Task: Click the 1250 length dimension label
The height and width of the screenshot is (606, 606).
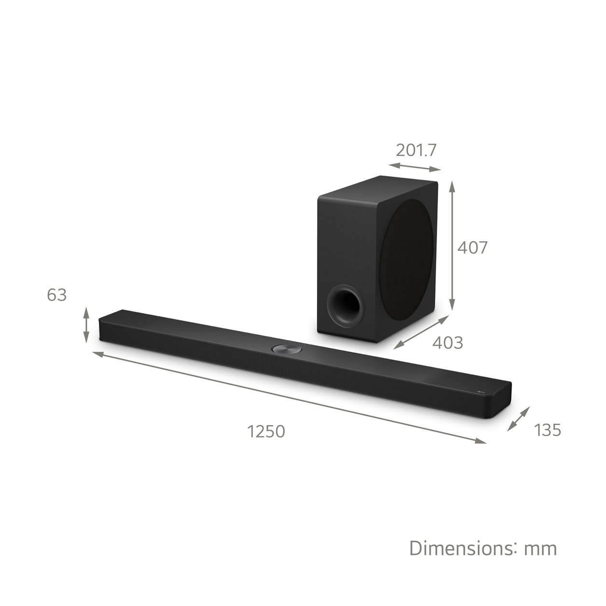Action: tap(266, 431)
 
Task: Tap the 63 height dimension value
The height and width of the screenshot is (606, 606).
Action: tap(56, 295)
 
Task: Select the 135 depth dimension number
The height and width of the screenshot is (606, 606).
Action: tap(548, 429)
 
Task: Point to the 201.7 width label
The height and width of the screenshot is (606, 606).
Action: tap(416, 150)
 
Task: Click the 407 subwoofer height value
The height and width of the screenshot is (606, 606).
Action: tap(472, 248)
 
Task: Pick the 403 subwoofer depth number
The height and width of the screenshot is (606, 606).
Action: tap(447, 343)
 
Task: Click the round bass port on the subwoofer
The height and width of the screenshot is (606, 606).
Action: tap(344, 305)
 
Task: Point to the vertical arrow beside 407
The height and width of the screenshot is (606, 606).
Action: tap(452, 246)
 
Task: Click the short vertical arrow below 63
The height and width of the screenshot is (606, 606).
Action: tap(86, 325)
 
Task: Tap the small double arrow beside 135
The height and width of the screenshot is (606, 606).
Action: tap(519, 419)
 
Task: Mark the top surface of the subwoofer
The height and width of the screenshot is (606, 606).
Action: tap(376, 188)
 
